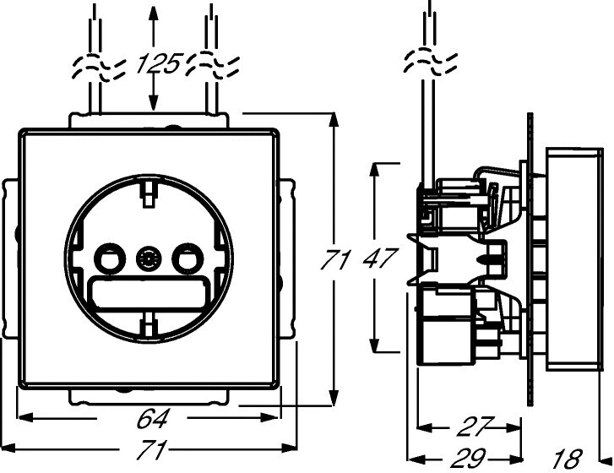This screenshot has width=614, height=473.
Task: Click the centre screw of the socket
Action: (149, 258)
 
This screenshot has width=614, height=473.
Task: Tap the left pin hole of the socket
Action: (107, 258)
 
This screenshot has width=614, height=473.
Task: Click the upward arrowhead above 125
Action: (152, 12)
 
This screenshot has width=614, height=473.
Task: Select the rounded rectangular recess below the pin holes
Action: (149, 293)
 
